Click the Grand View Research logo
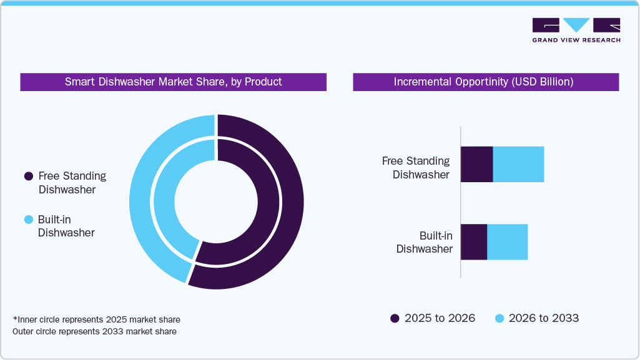click(x=576, y=30)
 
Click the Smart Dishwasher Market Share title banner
click(x=173, y=82)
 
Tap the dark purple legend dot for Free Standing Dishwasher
click(x=28, y=177)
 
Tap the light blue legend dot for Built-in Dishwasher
click(x=28, y=220)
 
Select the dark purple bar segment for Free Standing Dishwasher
click(x=476, y=165)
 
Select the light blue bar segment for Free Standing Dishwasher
click(x=518, y=165)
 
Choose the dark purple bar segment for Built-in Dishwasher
click(x=473, y=242)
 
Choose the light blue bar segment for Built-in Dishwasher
click(x=507, y=242)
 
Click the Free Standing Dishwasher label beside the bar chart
click(x=416, y=168)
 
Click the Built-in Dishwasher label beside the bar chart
click(x=425, y=242)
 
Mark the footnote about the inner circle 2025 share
click(x=96, y=319)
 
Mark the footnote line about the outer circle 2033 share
click(x=94, y=331)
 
